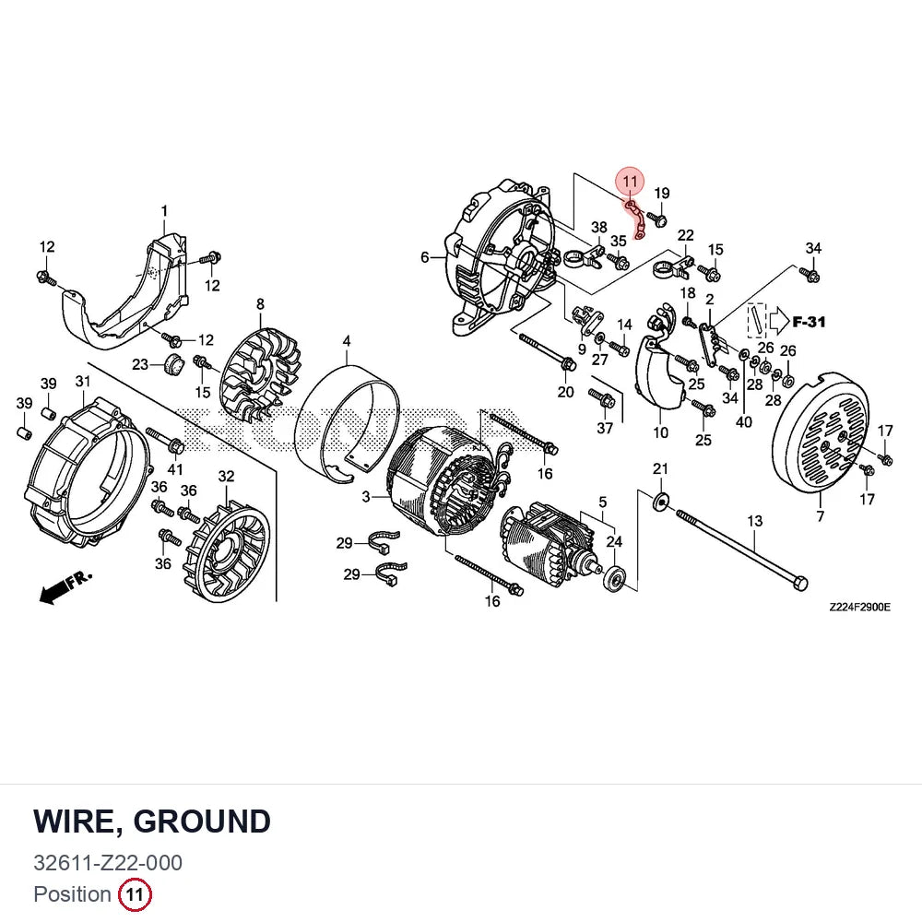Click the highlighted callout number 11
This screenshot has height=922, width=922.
coord(630,181)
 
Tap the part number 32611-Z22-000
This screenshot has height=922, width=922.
coord(108,863)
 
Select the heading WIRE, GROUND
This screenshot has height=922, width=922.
coord(152,822)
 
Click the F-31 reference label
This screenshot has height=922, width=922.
coord(809,322)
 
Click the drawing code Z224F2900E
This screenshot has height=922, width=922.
coord(859,607)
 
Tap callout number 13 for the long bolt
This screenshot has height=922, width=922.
coord(754,521)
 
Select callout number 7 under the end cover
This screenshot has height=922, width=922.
coord(821,517)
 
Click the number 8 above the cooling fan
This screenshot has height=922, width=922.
coord(260,304)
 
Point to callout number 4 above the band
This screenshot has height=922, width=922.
coord(347,341)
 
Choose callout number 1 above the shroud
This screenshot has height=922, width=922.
coord(165,210)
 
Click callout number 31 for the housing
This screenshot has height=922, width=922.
coord(83,382)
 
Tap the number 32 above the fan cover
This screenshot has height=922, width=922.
coord(227,477)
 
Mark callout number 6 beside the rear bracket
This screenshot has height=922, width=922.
coord(425,257)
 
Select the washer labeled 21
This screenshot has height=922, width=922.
coord(660,501)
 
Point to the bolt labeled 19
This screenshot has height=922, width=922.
coord(656,219)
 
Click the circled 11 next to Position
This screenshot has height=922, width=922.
coord(135,894)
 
